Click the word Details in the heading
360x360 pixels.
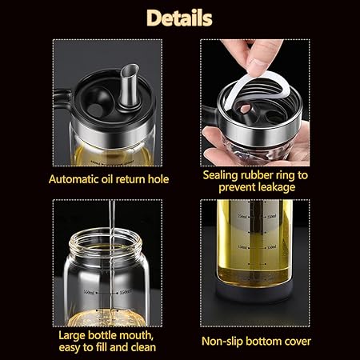point(179,18)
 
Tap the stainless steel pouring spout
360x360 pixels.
point(129,85)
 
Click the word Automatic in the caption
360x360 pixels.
point(74,179)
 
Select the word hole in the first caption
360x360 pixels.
point(158,179)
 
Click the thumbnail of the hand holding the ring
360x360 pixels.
point(255,102)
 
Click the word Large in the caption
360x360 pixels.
point(72,336)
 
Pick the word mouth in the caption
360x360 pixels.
point(135,335)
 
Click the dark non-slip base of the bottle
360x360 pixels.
point(254,292)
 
